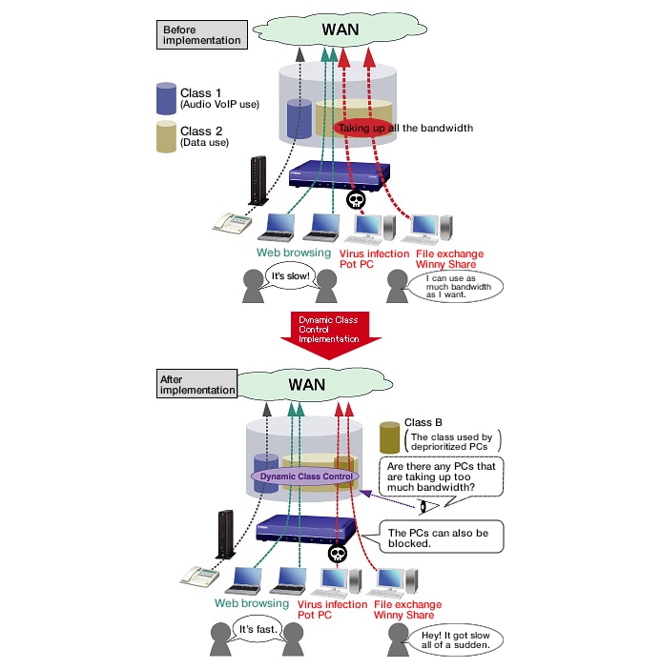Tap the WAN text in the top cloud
(x=341, y=29)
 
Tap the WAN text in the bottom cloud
(x=304, y=385)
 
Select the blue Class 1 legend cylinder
(x=166, y=99)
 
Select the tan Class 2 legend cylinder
(x=166, y=137)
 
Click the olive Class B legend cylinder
(x=389, y=437)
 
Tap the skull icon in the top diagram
(x=354, y=199)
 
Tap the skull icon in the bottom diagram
(x=335, y=553)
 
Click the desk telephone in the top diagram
(x=233, y=224)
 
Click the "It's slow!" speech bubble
(x=287, y=277)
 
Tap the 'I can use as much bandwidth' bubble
(x=452, y=286)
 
